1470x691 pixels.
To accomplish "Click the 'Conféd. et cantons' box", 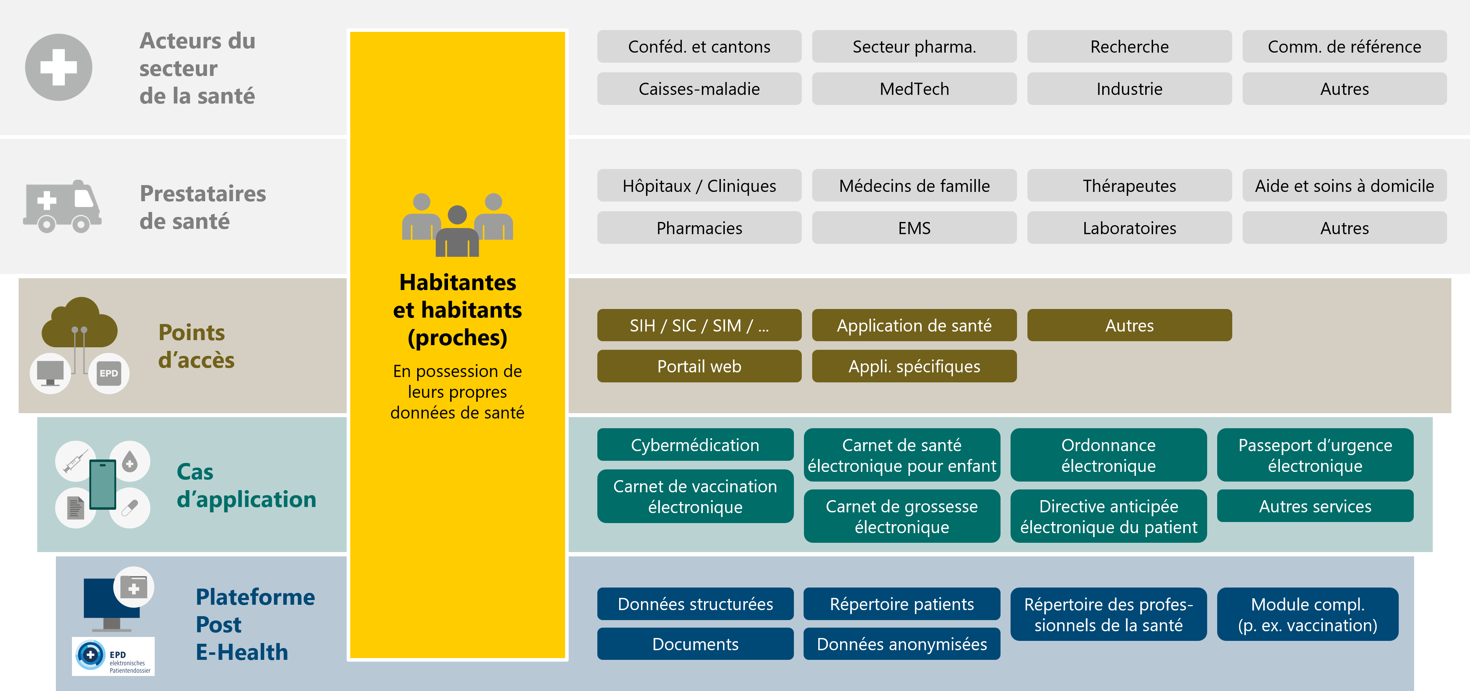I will coord(699,47).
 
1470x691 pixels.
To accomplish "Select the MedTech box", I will coord(914,89).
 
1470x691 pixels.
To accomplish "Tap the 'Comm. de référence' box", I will coord(1344,47).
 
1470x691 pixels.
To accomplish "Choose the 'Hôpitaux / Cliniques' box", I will coord(699,186).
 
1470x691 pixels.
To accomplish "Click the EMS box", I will coord(914,228).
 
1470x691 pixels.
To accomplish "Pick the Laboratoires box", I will coord(1129,228).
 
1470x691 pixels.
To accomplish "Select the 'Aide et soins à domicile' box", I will coord(1344,186).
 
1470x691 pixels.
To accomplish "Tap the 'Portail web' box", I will coord(699,366).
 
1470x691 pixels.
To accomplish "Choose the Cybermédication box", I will coord(695,445).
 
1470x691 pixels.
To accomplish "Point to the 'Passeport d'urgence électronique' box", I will coord(1315,455).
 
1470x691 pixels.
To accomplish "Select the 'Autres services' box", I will coord(1315,506).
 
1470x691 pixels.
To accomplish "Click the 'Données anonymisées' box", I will coord(902,644).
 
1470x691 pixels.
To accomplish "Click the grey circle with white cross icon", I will coord(58,67).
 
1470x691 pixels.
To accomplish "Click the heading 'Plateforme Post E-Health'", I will coord(255,624).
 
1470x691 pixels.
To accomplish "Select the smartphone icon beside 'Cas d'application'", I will coord(103,484).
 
